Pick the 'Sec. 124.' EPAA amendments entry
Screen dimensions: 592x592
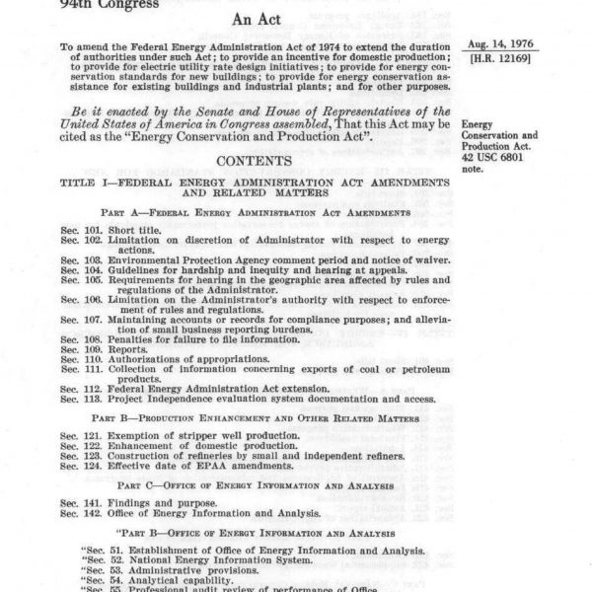pos(163,468)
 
